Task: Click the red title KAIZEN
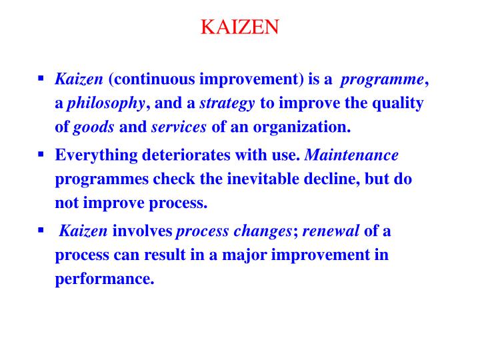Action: (x=240, y=27)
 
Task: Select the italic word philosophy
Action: (x=106, y=103)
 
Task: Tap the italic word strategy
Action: (x=227, y=103)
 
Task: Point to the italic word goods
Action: (x=93, y=126)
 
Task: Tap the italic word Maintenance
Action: (x=351, y=156)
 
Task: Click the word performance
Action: (x=104, y=279)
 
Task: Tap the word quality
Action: (x=397, y=103)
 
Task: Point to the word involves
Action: (x=142, y=232)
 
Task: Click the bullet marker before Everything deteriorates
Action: (x=41, y=154)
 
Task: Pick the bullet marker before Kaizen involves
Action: (x=41, y=230)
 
